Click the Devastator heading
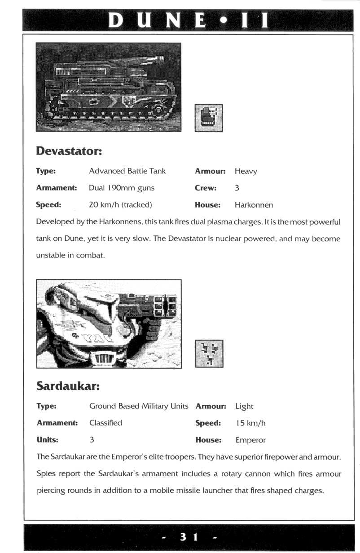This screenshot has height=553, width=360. click(x=69, y=151)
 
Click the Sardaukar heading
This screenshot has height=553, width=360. click(x=67, y=386)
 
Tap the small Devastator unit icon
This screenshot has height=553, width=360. click(x=209, y=118)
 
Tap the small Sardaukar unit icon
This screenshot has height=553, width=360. click(x=210, y=354)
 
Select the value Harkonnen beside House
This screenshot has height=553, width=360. click(x=254, y=205)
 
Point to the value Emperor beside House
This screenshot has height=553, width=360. click(x=250, y=440)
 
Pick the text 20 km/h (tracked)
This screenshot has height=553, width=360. click(x=120, y=205)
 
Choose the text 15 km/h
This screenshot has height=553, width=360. click(x=250, y=423)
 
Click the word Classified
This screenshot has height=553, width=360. click(x=105, y=423)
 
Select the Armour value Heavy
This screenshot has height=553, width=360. click(x=246, y=171)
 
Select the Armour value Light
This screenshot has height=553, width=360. click(x=244, y=406)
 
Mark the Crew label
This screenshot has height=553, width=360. click(x=206, y=188)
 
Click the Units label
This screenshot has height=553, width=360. click(x=47, y=440)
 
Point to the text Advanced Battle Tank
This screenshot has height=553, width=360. click(x=127, y=171)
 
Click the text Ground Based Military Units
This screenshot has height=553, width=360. click(x=139, y=406)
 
